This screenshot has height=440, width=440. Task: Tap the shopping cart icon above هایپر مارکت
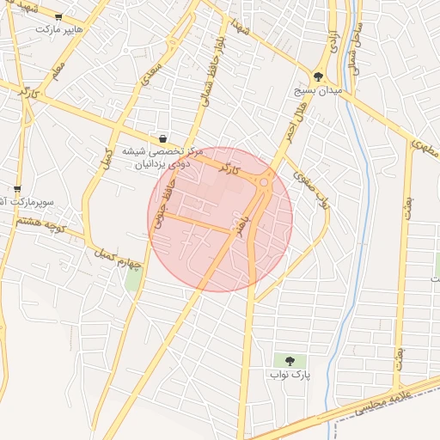58,15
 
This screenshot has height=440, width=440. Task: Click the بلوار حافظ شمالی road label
212,64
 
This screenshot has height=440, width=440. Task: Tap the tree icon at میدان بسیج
319,76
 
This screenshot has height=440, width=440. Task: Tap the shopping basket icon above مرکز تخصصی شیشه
163,137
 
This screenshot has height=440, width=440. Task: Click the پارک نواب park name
288,375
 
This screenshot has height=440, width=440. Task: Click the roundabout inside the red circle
264,181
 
